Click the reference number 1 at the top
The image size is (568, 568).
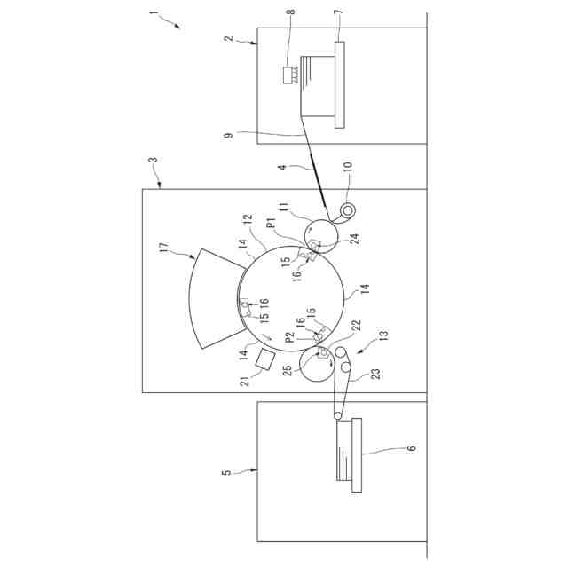tap(154, 14)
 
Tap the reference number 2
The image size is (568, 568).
tap(228, 38)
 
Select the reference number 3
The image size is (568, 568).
tap(153, 162)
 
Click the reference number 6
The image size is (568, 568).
tap(412, 449)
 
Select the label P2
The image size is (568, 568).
tap(289, 337)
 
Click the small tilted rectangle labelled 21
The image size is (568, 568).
tap(264, 359)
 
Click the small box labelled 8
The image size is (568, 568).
tap(288, 75)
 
